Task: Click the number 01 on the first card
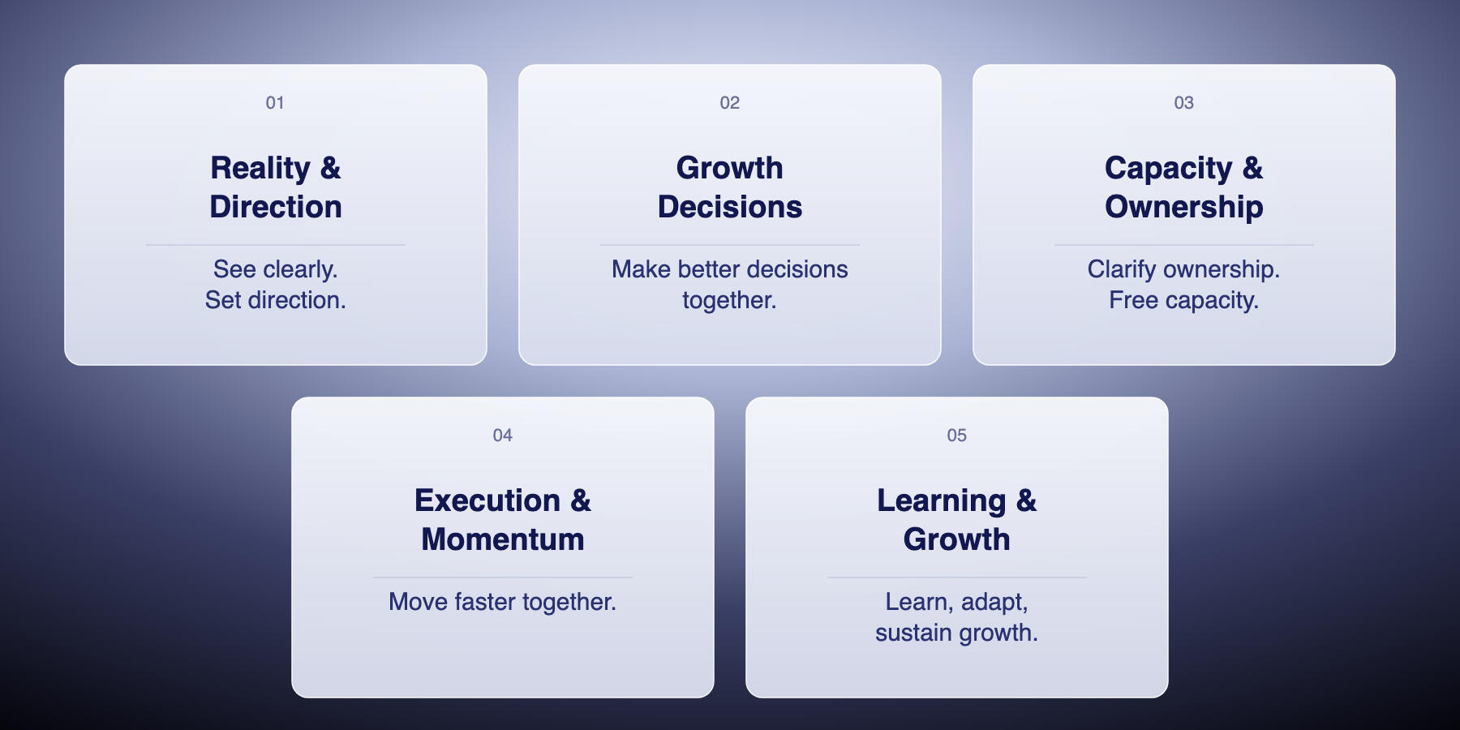(x=275, y=103)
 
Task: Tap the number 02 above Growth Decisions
(x=730, y=103)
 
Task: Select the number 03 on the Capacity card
(x=1184, y=103)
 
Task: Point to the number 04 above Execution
(x=503, y=436)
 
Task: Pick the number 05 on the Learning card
(x=957, y=436)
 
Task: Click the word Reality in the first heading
(x=260, y=170)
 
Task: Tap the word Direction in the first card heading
(x=276, y=207)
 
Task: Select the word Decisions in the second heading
(x=730, y=207)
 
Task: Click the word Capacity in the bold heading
(x=1169, y=170)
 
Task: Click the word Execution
(x=487, y=500)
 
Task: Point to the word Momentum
(x=503, y=539)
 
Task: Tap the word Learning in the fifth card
(x=942, y=502)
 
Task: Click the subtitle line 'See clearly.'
(x=276, y=270)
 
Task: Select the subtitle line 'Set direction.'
(x=276, y=300)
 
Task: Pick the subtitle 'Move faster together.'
(x=503, y=602)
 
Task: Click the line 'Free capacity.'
(x=1184, y=301)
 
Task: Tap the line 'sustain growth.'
(x=957, y=633)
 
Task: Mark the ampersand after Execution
(x=581, y=500)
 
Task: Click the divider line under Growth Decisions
(x=730, y=245)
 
